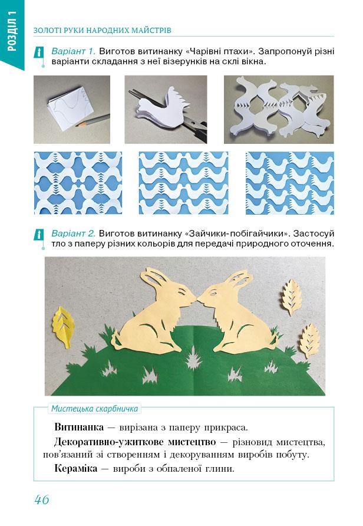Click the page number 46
tap(42, 499)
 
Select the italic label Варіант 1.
tap(74, 51)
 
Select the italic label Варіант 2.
tap(74, 233)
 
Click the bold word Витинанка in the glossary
tap(79, 427)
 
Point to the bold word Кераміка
tap(76, 468)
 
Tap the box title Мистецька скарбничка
tap(94, 409)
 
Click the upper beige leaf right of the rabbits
tap(291, 297)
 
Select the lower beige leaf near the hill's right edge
tap(309, 340)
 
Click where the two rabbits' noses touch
tap(196, 297)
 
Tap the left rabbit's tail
tap(117, 339)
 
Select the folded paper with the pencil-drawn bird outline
tap(72, 107)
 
